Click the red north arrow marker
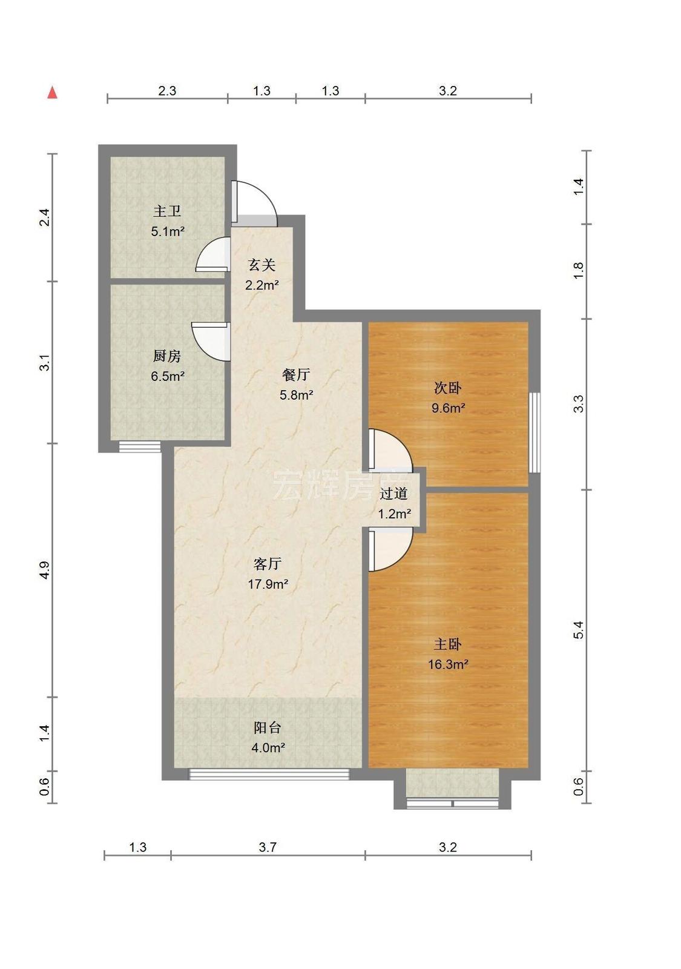[x=52, y=93]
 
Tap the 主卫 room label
[x=167, y=211]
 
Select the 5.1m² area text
[x=168, y=232]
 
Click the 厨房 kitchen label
[x=167, y=356]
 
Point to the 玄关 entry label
[x=262, y=265]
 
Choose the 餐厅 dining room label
[x=296, y=374]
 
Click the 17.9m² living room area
[x=268, y=584]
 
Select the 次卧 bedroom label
[x=447, y=388]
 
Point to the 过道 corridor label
[x=393, y=493]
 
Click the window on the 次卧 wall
[x=535, y=432]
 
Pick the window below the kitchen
[x=140, y=446]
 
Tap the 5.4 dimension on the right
[x=579, y=630]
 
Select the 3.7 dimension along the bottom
[x=268, y=847]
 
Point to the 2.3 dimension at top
[x=167, y=91]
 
